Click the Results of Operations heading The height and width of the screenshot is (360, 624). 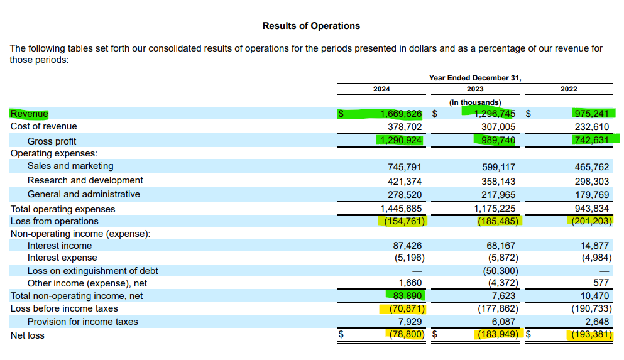pos(311,26)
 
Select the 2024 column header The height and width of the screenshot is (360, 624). pos(381,89)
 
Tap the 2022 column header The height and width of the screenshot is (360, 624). pos(569,89)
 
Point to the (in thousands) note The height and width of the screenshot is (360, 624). pos(475,102)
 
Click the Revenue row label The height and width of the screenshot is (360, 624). pos(29,114)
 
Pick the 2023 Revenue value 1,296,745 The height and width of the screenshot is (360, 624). pos(495,114)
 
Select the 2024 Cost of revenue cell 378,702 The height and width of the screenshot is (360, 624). pos(405,127)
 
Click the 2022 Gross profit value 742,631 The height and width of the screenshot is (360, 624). pos(592,140)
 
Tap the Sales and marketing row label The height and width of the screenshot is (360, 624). pos(70,166)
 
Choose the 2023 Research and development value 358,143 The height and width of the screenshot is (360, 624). pos(499,182)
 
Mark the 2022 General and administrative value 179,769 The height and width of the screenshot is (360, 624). pos(592,195)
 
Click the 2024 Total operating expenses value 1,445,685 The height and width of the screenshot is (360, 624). pos(401,209)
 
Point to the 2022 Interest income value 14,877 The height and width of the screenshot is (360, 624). pos(594,246)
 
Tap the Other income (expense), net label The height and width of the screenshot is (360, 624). pos(87,283)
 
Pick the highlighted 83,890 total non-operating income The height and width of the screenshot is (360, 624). pos(407,295)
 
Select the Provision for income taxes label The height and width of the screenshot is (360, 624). pos(83,322)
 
